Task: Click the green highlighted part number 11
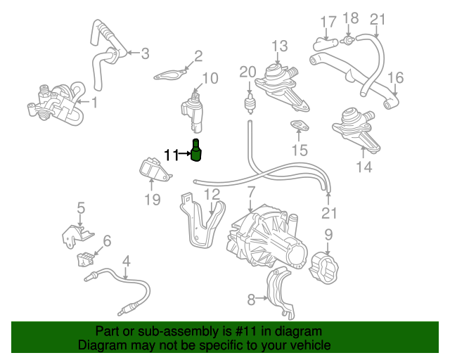pyautogui.click(x=197, y=150)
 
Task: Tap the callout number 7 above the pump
pyautogui.click(x=251, y=191)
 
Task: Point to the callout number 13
pyautogui.click(x=280, y=46)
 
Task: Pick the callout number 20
pyautogui.click(x=248, y=71)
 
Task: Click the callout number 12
pyautogui.click(x=212, y=194)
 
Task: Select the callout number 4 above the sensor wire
pyautogui.click(x=126, y=262)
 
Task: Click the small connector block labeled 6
pyautogui.click(x=86, y=259)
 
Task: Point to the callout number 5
pyautogui.click(x=81, y=207)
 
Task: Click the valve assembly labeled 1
pyautogui.click(x=53, y=103)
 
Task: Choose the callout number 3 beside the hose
pyautogui.click(x=145, y=53)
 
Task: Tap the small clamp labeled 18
pyautogui.click(x=347, y=42)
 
